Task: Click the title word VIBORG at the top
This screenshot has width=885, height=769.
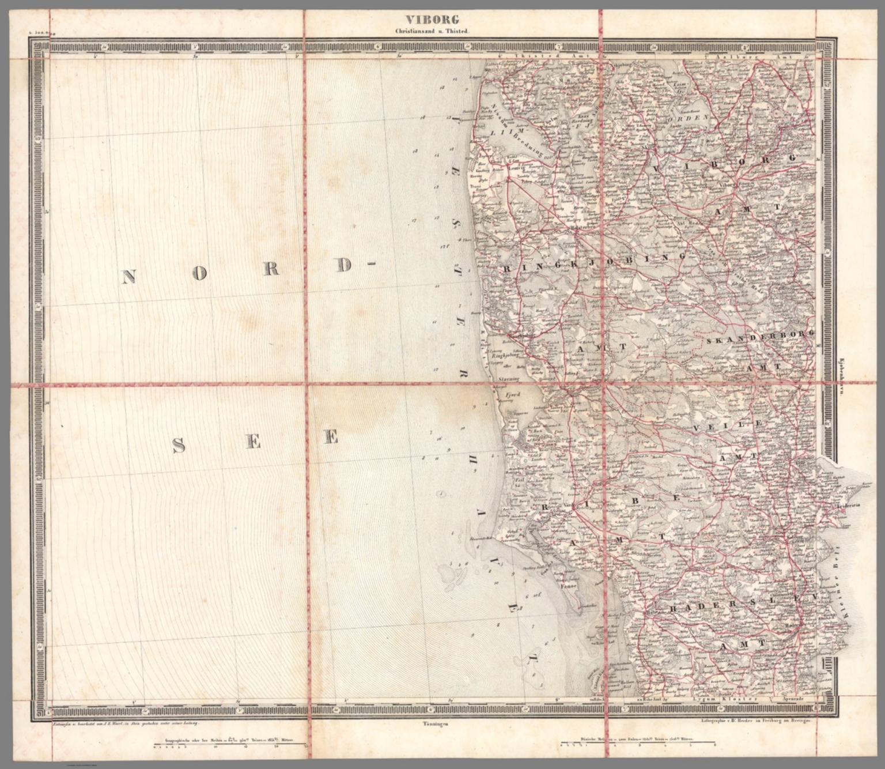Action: click(x=440, y=20)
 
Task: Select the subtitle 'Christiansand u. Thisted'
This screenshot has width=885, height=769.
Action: click(x=440, y=32)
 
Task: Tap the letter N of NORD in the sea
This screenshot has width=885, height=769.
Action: click(x=128, y=277)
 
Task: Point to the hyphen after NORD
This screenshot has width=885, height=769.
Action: click(x=369, y=266)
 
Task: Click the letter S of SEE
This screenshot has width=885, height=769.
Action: click(x=180, y=444)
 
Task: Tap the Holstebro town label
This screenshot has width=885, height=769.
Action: click(x=582, y=226)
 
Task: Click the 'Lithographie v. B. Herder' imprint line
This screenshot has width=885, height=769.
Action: click(x=750, y=721)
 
